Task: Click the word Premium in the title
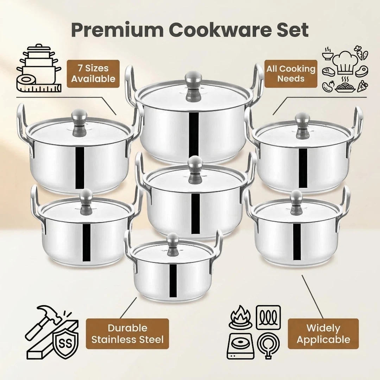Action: [x=117, y=30]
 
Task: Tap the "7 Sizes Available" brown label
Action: [x=93, y=74]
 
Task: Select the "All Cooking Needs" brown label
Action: [x=291, y=74]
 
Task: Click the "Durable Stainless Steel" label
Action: [x=127, y=334]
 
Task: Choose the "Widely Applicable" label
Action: [x=323, y=334]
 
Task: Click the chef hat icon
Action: [x=345, y=62]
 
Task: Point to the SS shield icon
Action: [x=65, y=343]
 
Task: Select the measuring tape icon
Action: [x=39, y=84]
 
